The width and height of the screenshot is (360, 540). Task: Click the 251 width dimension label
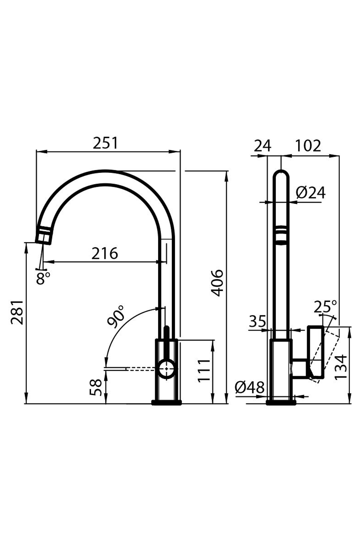click(x=105, y=143)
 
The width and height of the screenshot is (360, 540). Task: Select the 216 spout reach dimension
click(x=104, y=253)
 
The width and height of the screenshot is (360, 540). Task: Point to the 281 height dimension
click(x=17, y=312)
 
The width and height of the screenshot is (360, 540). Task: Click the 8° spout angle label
click(x=43, y=278)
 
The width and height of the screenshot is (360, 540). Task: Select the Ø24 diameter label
click(x=310, y=193)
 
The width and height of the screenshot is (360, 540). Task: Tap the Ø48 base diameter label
click(x=249, y=388)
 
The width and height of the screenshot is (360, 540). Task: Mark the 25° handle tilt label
click(x=325, y=307)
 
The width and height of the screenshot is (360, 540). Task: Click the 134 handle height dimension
click(x=341, y=366)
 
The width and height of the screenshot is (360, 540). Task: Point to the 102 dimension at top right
click(x=308, y=146)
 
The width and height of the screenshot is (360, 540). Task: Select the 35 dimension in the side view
click(x=257, y=321)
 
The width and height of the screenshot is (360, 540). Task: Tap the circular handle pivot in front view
click(x=166, y=369)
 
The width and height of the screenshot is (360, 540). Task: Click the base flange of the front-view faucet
click(x=166, y=402)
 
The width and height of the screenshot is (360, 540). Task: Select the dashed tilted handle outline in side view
click(x=326, y=355)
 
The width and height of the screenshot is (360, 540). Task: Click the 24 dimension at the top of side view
click(x=262, y=146)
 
